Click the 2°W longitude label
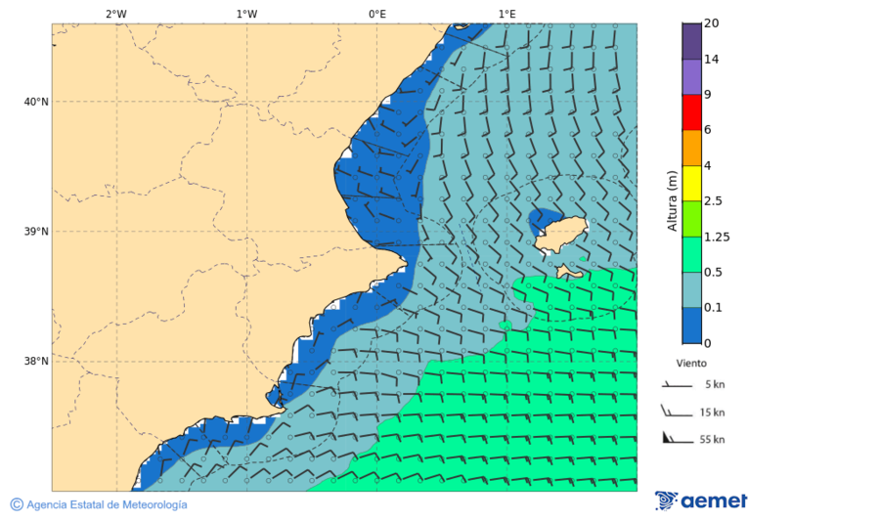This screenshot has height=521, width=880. tap(115, 14)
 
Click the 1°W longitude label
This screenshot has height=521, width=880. tap(246, 14)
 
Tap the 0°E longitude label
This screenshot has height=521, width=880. tap(376, 14)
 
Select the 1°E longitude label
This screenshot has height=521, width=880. tap(506, 14)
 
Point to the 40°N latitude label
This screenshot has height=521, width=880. tap(35, 102)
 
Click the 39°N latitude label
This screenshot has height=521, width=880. tap(35, 232)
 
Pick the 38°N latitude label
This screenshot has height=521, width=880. tap(35, 362)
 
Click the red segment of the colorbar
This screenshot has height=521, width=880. tap(691, 112)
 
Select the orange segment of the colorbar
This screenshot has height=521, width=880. tap(691, 148)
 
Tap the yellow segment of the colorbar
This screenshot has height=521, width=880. tap(691, 183)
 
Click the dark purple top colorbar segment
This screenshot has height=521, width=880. tap(691, 41)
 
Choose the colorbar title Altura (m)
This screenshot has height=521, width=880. tap(672, 200)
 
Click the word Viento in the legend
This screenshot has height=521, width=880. tap(691, 362)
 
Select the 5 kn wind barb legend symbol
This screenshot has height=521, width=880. tap(675, 385)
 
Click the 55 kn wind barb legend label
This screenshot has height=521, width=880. tap(712, 440)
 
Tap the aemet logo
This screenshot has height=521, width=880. tap(701, 500)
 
